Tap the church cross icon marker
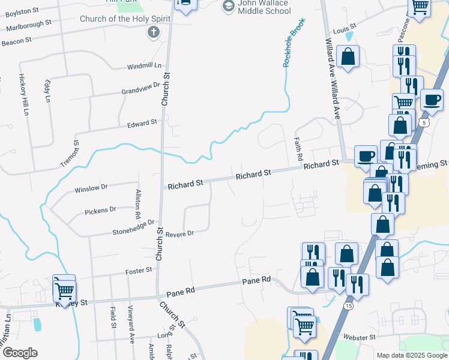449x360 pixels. (x=154, y=32)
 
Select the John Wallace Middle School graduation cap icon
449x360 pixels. (x=228, y=6)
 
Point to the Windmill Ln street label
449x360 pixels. (x=145, y=65)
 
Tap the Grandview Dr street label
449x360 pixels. (x=141, y=89)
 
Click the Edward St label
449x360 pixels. (x=142, y=122)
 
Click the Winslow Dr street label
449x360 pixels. (x=91, y=188)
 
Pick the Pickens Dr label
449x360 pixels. (x=100, y=210)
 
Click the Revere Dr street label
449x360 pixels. (x=180, y=233)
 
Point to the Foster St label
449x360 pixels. (x=139, y=271)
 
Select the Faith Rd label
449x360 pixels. (x=298, y=147)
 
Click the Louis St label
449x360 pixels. (x=345, y=28)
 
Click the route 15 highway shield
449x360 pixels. (x=348, y=306)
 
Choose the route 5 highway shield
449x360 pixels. (x=425, y=122)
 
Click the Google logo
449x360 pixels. (x=20, y=353)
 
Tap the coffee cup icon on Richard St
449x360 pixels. (x=366, y=156)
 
